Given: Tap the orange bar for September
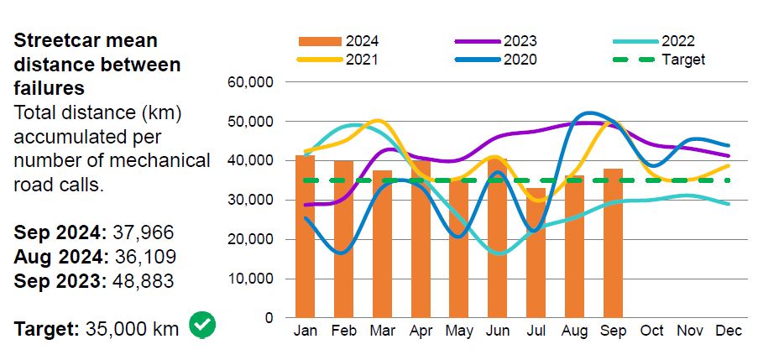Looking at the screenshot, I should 613,243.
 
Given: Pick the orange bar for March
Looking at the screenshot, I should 382,244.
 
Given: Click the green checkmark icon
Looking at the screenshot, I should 202,326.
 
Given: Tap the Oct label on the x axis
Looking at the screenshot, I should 652,331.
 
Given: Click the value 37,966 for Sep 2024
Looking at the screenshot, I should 144,232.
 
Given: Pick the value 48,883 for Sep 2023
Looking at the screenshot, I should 144,280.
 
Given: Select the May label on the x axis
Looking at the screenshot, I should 458,331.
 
